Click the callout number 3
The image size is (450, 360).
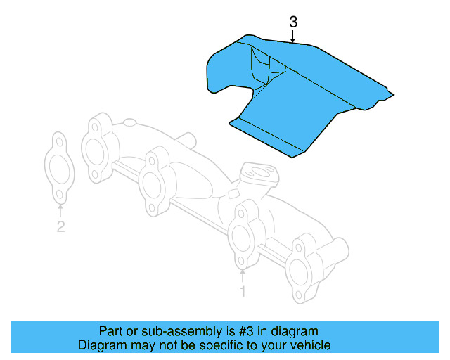pos(293,22)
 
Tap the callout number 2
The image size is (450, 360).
pos(61,226)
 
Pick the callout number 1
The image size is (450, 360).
pos(243,290)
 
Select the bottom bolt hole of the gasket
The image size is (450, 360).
pos(60,195)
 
